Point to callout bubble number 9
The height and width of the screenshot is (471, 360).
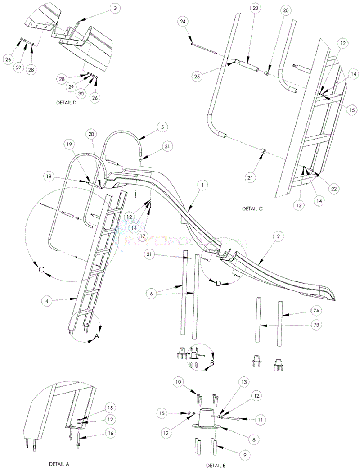point(245,455)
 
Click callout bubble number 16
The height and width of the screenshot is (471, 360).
point(111,433)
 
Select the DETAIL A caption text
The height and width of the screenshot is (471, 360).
point(61,463)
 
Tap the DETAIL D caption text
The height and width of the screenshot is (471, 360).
point(66,103)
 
